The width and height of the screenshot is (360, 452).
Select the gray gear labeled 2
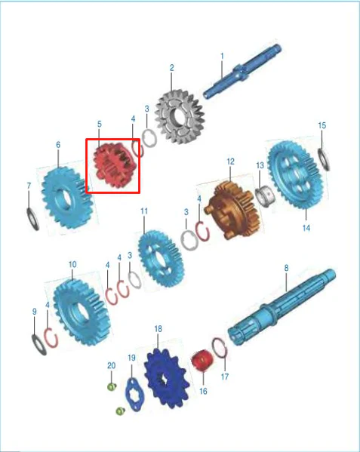pos(180,117)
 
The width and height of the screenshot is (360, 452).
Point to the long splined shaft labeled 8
pos(282,307)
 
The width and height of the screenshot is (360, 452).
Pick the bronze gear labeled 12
pos(233,211)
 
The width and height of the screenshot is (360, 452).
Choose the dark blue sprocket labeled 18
pos(167,378)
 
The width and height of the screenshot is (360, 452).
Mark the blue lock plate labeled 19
pos(133,395)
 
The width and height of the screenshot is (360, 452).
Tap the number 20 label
pos(111,365)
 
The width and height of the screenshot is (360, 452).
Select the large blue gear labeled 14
pos(295,174)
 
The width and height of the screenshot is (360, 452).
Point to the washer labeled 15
pos(325,159)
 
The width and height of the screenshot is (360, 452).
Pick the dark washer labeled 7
pos(33,219)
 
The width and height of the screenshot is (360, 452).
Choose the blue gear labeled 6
pos(67,198)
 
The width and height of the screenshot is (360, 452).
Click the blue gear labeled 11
pos(161,259)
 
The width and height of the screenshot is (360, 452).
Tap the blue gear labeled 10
pos(82,312)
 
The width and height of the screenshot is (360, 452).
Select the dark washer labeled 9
pos(39,345)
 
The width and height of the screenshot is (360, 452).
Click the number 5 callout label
pos(100,125)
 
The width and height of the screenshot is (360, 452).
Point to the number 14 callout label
pos(306,228)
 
